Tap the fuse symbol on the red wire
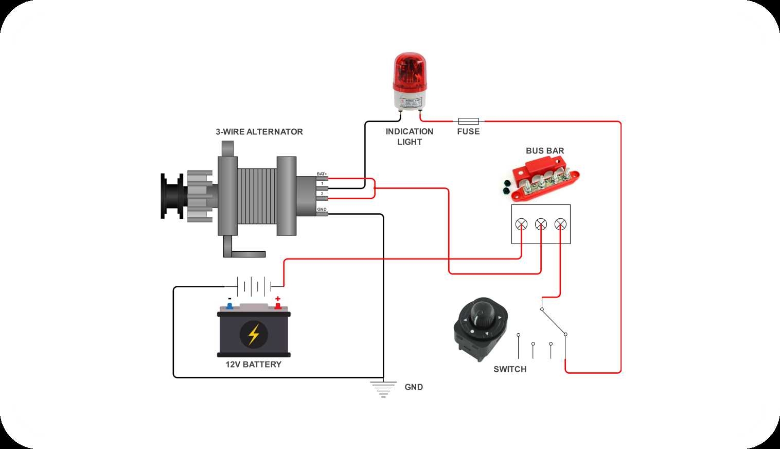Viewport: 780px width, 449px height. [468, 122]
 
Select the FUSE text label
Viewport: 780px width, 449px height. [468, 132]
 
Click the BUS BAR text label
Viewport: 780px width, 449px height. [545, 151]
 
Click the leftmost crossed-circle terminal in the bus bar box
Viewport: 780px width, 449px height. [521, 224]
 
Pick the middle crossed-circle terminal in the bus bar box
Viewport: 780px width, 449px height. [541, 224]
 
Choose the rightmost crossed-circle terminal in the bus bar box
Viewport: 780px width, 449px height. [560, 224]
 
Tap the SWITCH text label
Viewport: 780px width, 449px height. [510, 369]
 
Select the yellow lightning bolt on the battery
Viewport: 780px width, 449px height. [254, 334]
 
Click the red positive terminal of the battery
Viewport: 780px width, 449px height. [278, 306]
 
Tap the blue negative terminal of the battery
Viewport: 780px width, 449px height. [229, 306]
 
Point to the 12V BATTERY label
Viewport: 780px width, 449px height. [254, 365]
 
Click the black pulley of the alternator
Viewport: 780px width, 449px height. [172, 196]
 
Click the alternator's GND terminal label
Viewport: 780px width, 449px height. [322, 210]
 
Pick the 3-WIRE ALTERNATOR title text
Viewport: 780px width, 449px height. [259, 132]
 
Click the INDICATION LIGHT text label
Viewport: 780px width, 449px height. [410, 136]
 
